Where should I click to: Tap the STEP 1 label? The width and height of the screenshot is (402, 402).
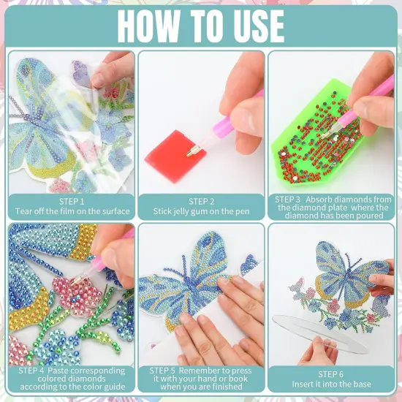[x=72, y=201]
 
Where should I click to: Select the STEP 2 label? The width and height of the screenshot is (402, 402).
[x=201, y=202]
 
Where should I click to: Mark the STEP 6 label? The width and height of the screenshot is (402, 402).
[x=331, y=374]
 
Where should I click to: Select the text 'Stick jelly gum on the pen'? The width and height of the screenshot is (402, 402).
[x=201, y=212]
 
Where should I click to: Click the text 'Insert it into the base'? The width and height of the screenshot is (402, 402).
[x=331, y=384]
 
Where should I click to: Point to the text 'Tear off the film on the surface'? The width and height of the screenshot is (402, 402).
[x=72, y=211]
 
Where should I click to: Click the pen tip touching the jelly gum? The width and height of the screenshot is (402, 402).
[x=191, y=151]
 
